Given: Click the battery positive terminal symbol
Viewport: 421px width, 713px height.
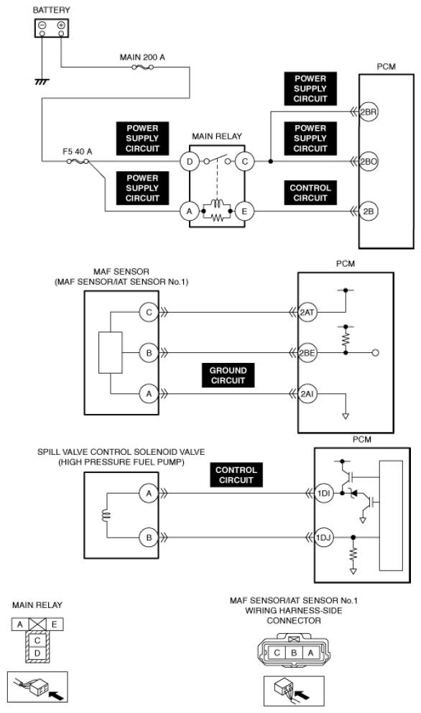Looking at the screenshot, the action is [x=61, y=25].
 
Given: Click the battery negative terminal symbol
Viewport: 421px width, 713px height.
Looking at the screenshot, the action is [x=42, y=25].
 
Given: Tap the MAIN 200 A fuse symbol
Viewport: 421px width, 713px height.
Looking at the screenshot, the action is [x=142, y=68].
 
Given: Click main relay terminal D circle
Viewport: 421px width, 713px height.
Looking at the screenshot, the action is [x=190, y=162].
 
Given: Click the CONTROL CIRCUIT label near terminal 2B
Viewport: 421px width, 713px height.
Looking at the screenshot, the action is [x=310, y=193].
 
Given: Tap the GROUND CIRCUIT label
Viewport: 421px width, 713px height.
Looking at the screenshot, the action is [x=228, y=376].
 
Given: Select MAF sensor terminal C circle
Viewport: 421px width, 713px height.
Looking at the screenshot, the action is [x=149, y=313].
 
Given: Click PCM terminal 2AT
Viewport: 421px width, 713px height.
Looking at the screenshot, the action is [x=307, y=313].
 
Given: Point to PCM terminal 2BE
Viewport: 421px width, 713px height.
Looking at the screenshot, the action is [x=307, y=352].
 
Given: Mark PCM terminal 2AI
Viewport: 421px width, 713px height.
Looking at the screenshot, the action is [x=307, y=394].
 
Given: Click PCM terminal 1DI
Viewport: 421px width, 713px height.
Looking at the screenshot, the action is [x=324, y=493].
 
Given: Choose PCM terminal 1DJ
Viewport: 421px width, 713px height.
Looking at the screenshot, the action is [x=324, y=538].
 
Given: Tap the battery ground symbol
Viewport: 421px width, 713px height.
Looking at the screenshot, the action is [x=42, y=82].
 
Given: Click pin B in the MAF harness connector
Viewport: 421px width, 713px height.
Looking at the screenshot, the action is [x=294, y=653].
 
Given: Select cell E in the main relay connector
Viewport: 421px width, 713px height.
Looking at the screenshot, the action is [x=54, y=625].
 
